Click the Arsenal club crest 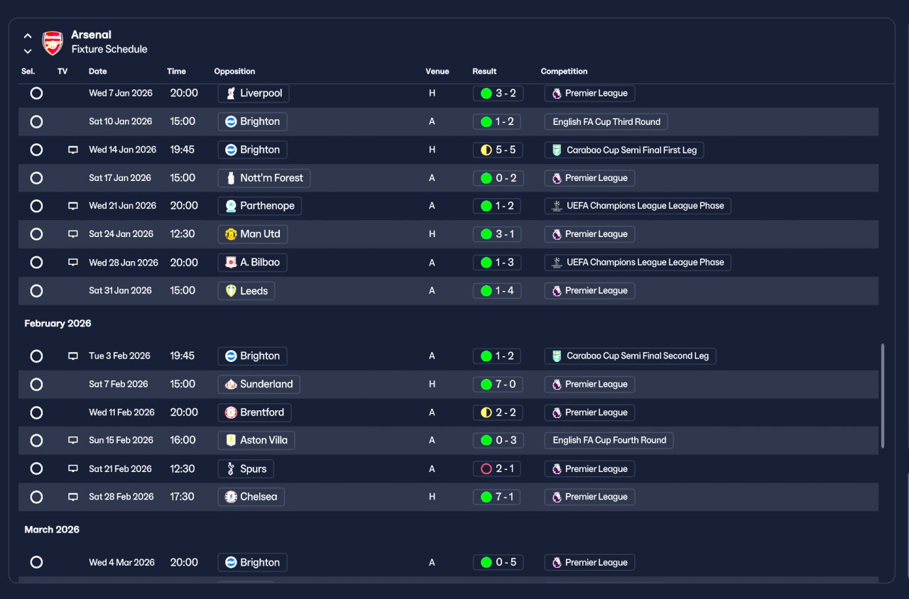pyautogui.click(x=53, y=43)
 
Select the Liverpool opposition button pyautogui.click(x=254, y=93)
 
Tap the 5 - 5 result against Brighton pyautogui.click(x=498, y=150)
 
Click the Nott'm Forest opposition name pyautogui.click(x=271, y=178)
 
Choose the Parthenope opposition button pyautogui.click(x=260, y=206)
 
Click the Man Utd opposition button pyautogui.click(x=252, y=234)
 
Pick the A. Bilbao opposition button pyautogui.click(x=252, y=263)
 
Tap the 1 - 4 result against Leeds pyautogui.click(x=496, y=291)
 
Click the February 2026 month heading pyautogui.click(x=58, y=323)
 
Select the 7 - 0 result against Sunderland pyautogui.click(x=498, y=384)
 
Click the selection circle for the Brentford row pyautogui.click(x=36, y=412)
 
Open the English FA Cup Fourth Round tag pyautogui.click(x=609, y=440)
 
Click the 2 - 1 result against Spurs pyautogui.click(x=496, y=469)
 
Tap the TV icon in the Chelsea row pyautogui.click(x=73, y=497)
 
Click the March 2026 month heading pyautogui.click(x=52, y=529)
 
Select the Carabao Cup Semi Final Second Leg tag pyautogui.click(x=630, y=356)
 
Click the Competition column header pyautogui.click(x=564, y=72)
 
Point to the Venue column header pyautogui.click(x=437, y=72)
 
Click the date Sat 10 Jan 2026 pyautogui.click(x=121, y=121)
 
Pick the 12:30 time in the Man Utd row pyautogui.click(x=183, y=234)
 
